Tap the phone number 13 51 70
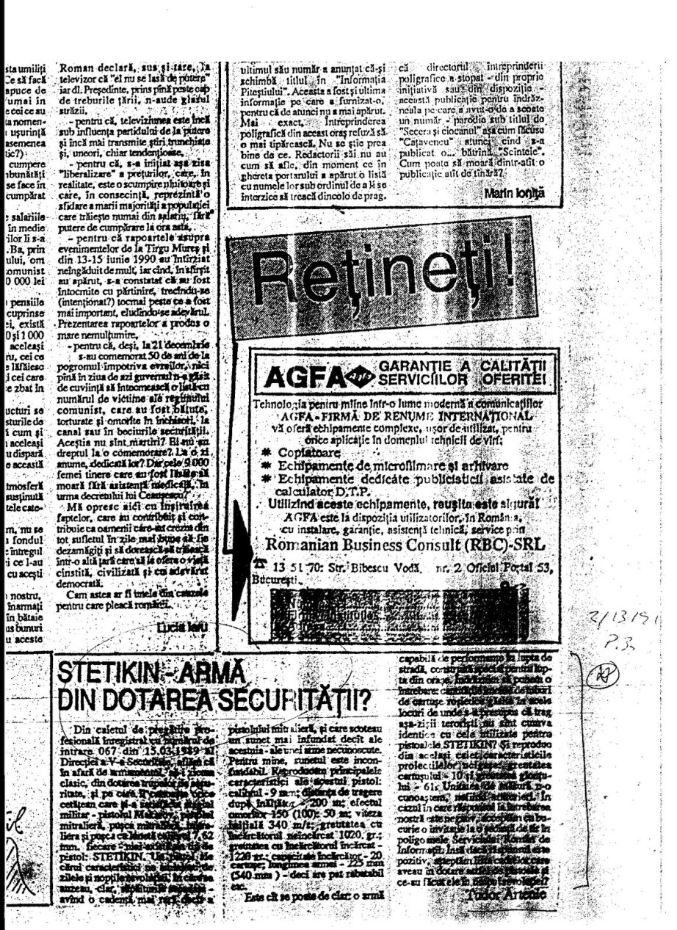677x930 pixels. point(292,566)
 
